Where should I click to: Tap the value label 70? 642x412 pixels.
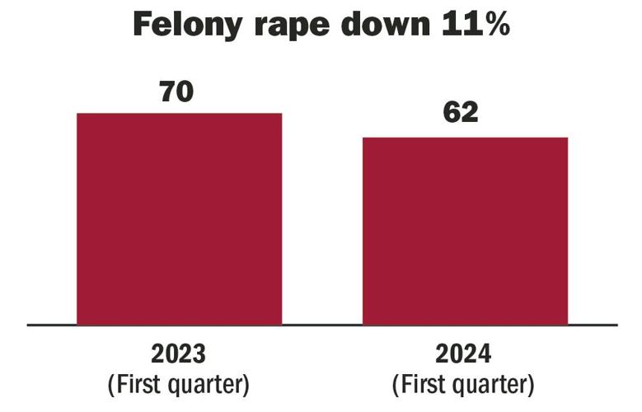coord(176,91)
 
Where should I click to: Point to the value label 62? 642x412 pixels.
coord(461,114)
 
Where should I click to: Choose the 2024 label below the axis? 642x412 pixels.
coord(465,354)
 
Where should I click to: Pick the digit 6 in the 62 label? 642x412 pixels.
coord(450,114)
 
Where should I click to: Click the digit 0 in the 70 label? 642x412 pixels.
coord(186,91)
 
